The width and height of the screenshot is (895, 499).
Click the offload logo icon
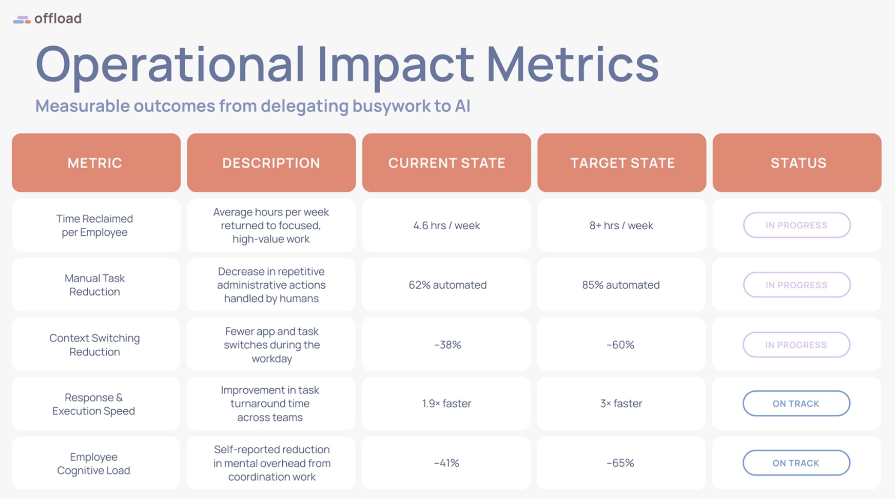22,19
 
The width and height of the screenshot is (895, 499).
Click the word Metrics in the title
572,64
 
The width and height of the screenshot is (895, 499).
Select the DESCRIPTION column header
271,163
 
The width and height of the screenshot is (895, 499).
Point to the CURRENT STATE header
446,163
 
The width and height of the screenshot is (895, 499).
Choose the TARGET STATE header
622,163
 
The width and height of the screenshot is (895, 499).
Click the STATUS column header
797,163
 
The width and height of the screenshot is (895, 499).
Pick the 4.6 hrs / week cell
446,226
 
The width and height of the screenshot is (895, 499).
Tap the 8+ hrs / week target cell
621,226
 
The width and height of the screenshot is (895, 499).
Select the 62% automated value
448,285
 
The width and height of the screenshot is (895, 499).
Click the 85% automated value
621,285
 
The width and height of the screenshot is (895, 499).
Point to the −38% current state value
448,345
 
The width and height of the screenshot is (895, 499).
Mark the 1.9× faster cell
446,404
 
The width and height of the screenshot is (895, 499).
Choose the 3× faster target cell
621,404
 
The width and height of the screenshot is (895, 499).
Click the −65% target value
620,463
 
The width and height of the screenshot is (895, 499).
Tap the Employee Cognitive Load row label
93,464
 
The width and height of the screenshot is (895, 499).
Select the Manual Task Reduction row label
95,285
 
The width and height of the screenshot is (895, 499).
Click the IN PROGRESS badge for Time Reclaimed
796,225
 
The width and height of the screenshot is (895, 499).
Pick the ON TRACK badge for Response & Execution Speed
796,404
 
